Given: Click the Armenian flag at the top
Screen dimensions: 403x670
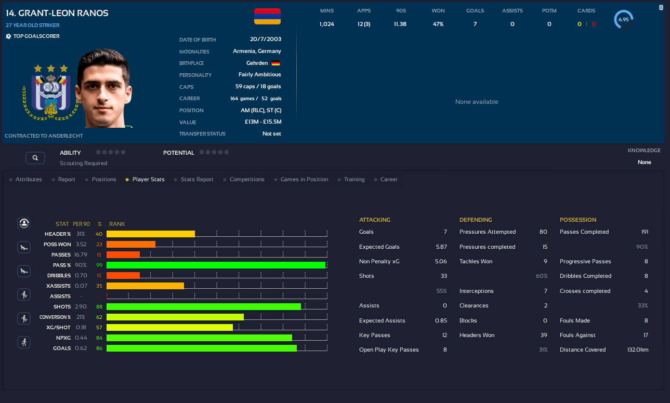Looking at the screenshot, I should [267, 16].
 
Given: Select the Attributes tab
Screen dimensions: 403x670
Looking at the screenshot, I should [29, 179].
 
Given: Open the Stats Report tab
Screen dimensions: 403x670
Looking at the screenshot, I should [197, 179].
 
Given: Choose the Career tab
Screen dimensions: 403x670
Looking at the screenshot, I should [389, 179].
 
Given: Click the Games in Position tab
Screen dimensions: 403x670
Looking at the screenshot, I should [304, 179].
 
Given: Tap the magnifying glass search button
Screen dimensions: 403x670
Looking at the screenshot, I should [35, 157].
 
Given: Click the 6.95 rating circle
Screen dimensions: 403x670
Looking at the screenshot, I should [624, 20].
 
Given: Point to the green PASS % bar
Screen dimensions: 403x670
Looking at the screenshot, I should [216, 265].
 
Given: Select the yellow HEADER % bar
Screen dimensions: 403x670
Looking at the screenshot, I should [151, 234].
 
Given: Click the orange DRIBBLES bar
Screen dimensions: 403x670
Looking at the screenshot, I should [123, 275].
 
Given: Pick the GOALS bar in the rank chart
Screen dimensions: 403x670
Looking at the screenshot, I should [202, 348].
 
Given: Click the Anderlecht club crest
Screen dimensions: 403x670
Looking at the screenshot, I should [51, 93].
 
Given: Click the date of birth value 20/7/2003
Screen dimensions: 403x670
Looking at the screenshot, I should [265, 39].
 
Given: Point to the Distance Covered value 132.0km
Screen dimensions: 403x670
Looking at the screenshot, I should [638, 350].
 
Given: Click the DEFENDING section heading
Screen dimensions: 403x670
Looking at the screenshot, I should [476, 220].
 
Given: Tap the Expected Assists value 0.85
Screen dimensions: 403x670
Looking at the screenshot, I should [441, 320].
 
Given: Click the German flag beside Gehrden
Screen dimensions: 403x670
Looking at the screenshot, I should [276, 63].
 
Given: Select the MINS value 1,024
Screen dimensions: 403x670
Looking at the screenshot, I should [327, 24].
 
